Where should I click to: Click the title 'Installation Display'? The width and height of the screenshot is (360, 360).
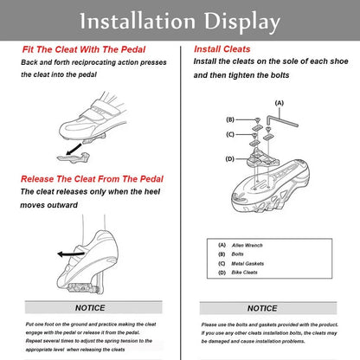pos(180,21)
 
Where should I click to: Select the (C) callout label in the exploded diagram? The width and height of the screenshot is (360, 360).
pos(229,135)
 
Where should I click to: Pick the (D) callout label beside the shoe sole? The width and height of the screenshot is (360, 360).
pos(229,158)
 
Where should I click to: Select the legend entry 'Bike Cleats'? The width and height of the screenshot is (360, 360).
pos(245,273)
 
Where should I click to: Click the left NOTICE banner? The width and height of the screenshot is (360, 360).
pos(90,307)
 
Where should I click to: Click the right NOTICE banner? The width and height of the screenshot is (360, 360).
pos(262,308)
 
